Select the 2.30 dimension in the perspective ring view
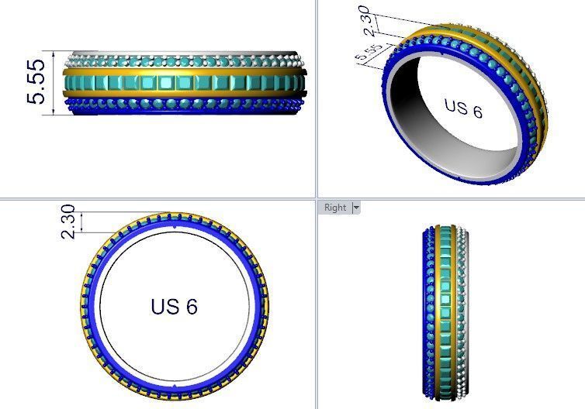[x=372, y=21]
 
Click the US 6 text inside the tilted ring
[x=463, y=108]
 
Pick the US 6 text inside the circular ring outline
[x=175, y=306]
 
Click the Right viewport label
[x=335, y=208]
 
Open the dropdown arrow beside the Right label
[x=356, y=208]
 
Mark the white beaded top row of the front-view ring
[x=182, y=57]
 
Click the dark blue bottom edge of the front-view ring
[x=182, y=112]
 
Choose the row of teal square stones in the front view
[x=182, y=81]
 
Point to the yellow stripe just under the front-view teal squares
[x=182, y=94]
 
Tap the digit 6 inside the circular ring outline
[x=191, y=306]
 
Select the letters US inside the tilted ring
[x=454, y=105]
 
